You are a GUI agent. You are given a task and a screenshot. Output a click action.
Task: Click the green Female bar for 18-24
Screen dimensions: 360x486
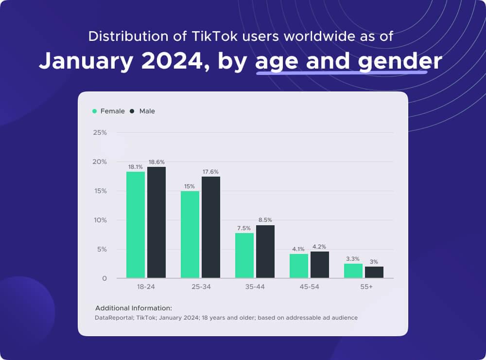[x=136, y=225]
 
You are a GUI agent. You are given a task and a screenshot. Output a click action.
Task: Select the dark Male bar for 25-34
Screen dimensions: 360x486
[x=211, y=227]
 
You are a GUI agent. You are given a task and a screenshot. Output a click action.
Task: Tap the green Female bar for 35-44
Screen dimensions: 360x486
[x=244, y=255]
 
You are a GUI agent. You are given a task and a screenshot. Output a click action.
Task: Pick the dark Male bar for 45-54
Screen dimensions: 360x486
[x=320, y=265]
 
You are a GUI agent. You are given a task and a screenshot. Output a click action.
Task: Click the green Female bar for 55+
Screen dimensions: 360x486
[x=353, y=271]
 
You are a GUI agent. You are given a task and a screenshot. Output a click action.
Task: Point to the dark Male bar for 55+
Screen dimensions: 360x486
[x=374, y=272]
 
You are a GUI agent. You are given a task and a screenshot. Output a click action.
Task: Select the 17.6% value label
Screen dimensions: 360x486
[x=211, y=172]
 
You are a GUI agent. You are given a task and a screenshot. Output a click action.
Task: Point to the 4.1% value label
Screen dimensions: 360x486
[x=298, y=249]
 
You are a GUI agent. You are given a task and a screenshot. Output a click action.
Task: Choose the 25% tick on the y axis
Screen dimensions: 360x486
[x=100, y=132]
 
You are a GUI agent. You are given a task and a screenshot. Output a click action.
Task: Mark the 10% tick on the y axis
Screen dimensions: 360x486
[x=100, y=220]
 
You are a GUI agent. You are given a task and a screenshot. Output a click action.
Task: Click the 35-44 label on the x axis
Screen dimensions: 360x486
[x=255, y=287]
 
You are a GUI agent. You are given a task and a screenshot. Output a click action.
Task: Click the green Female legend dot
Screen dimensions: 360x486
[x=94, y=111]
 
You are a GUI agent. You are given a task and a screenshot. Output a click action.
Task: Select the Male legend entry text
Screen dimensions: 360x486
[x=147, y=111]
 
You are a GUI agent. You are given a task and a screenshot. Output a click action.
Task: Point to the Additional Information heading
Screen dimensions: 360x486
[x=134, y=308]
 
